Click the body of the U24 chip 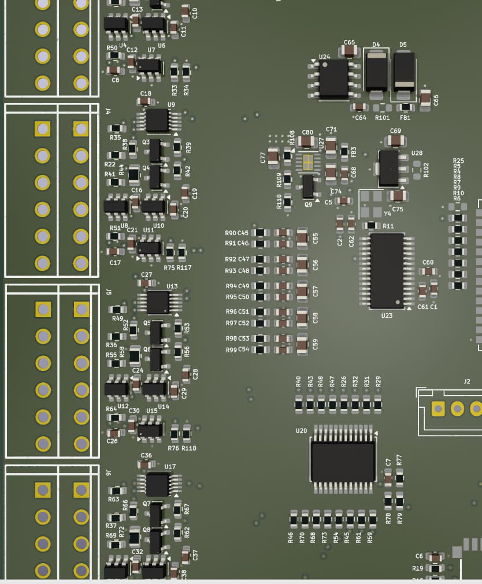click(334, 79)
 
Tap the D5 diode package click(404, 72)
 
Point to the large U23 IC click(387, 270)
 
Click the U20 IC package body click(343, 462)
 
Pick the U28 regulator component click(389, 168)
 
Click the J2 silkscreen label click(467, 381)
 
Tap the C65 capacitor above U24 click(349, 51)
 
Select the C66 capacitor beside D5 click(425, 99)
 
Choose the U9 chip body click(157, 120)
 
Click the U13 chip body click(157, 302)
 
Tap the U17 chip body click(157, 484)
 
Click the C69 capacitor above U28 click(395, 140)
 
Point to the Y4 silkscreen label click(387, 214)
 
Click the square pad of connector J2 click(438, 409)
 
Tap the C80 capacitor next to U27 click(307, 142)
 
